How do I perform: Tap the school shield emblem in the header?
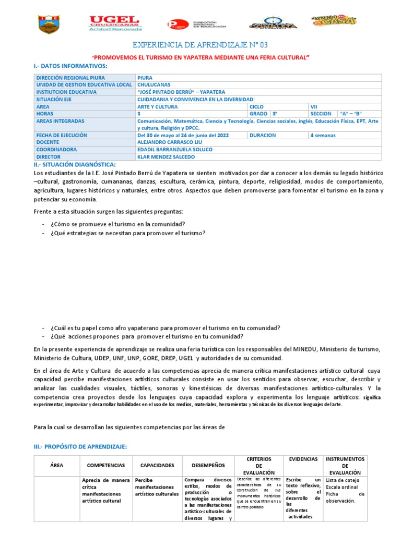[x=50, y=25]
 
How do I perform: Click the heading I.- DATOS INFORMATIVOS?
[x=70, y=66]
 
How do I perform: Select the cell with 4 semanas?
[x=323, y=136]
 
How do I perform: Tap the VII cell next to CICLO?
[x=314, y=106]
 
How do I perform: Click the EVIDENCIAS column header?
[x=303, y=459]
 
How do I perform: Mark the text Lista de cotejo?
[x=341, y=480]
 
